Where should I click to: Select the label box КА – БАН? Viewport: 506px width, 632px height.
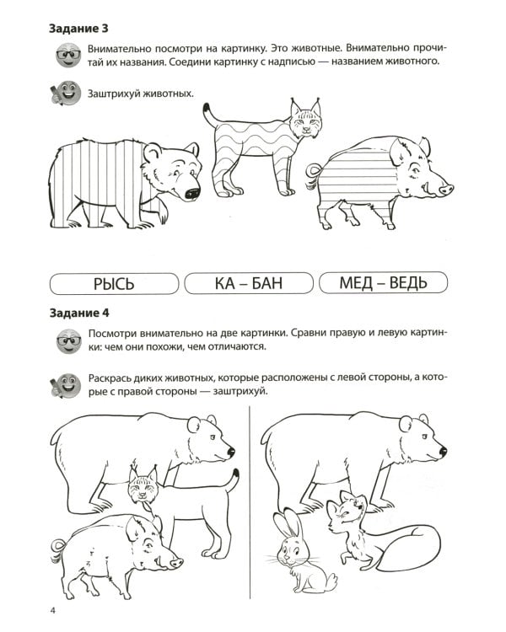pos(248,282)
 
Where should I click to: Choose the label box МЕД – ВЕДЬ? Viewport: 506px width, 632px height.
pos(383,282)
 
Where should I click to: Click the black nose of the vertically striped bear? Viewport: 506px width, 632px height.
pos(193,193)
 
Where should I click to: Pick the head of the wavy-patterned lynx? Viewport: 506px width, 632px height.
pos(305,121)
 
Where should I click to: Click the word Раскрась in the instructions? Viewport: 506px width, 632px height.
pos(113,377)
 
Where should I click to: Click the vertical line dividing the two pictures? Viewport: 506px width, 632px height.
pos(250,497)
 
